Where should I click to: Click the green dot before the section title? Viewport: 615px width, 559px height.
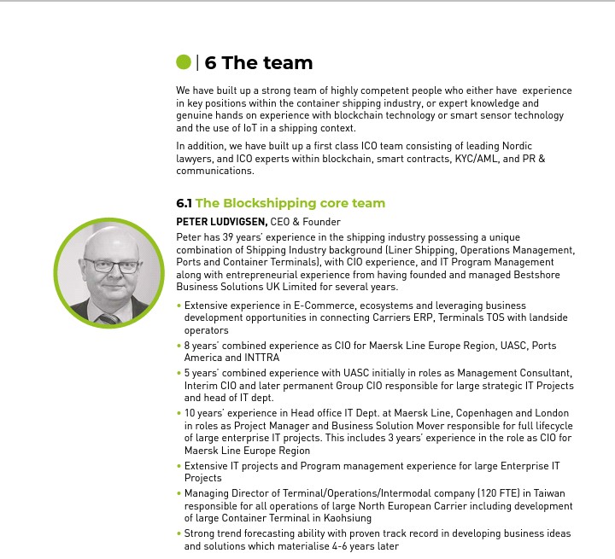click(184, 62)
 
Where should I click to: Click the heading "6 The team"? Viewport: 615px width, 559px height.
click(259, 63)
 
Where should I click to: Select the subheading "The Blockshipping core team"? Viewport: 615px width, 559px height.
click(290, 203)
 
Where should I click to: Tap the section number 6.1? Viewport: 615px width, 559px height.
click(184, 203)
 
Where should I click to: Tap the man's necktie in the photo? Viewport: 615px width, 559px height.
click(108, 319)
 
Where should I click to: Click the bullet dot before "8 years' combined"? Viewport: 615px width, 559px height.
click(179, 346)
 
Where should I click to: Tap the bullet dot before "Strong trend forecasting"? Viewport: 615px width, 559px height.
click(179, 533)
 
